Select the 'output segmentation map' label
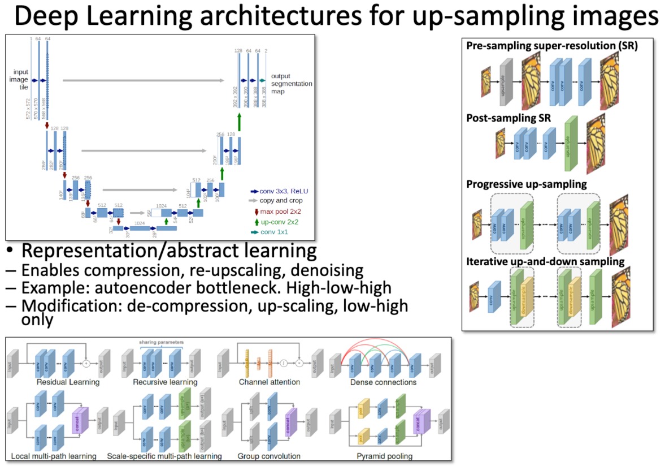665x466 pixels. click(291, 83)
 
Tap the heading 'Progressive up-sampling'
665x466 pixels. click(527, 184)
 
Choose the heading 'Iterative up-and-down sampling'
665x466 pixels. click(545, 261)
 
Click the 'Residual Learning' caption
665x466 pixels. click(68, 382)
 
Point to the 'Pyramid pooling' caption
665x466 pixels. click(384, 455)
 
